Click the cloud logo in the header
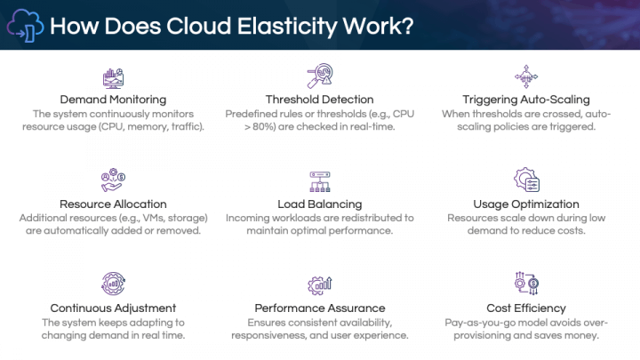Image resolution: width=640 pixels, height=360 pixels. click(x=25, y=25)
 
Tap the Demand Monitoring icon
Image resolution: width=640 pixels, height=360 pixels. click(x=113, y=77)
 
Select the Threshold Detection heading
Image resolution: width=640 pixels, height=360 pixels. click(x=319, y=99)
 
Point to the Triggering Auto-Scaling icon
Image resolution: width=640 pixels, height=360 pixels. click(x=526, y=76)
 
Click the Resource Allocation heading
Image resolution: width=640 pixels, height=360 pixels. click(x=113, y=204)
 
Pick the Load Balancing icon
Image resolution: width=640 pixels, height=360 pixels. click(x=319, y=181)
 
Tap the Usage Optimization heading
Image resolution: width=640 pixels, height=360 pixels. click(x=526, y=204)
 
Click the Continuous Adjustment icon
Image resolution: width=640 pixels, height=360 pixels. click(x=113, y=285)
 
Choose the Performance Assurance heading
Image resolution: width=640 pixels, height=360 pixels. click(x=319, y=308)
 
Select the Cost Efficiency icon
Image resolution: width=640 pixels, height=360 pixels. click(x=526, y=285)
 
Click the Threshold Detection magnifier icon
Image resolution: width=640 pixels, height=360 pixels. click(x=319, y=76)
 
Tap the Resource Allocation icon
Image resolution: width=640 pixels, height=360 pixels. click(x=113, y=181)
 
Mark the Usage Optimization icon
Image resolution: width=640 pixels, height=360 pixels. click(x=526, y=181)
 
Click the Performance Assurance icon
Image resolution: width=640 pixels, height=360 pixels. click(x=319, y=285)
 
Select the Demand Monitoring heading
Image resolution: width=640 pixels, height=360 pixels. click(x=113, y=99)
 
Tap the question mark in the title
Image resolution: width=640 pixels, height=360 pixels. click(x=404, y=25)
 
